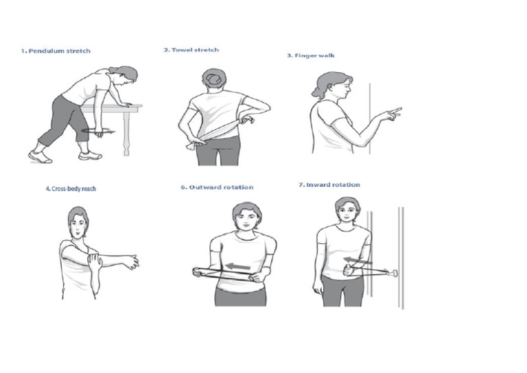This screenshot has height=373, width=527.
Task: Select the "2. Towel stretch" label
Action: tap(191, 49)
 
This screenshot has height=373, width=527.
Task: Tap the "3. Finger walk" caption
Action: tap(310, 56)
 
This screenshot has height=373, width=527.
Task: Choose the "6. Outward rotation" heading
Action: tap(222, 187)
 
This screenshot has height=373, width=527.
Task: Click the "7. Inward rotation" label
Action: tap(329, 185)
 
